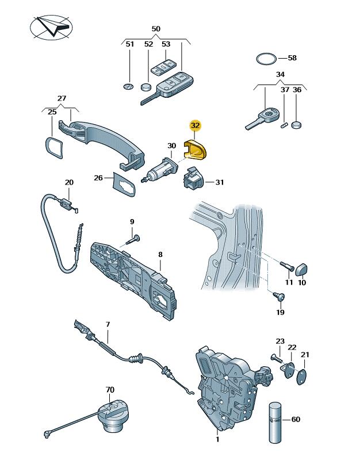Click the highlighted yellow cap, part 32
pos(196,149)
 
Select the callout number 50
pos(156,29)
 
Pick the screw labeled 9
pos(133,239)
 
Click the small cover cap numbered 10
pos(301,269)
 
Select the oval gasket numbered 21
pos(301,377)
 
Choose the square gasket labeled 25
pos(53,148)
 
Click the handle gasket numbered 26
pos(124,183)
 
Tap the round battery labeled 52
pos(145,87)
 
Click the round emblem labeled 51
pos(128,86)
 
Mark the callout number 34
pos(280,74)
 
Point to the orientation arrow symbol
pos(51,28)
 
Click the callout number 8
pos(160,255)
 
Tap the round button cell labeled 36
pos(296,125)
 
